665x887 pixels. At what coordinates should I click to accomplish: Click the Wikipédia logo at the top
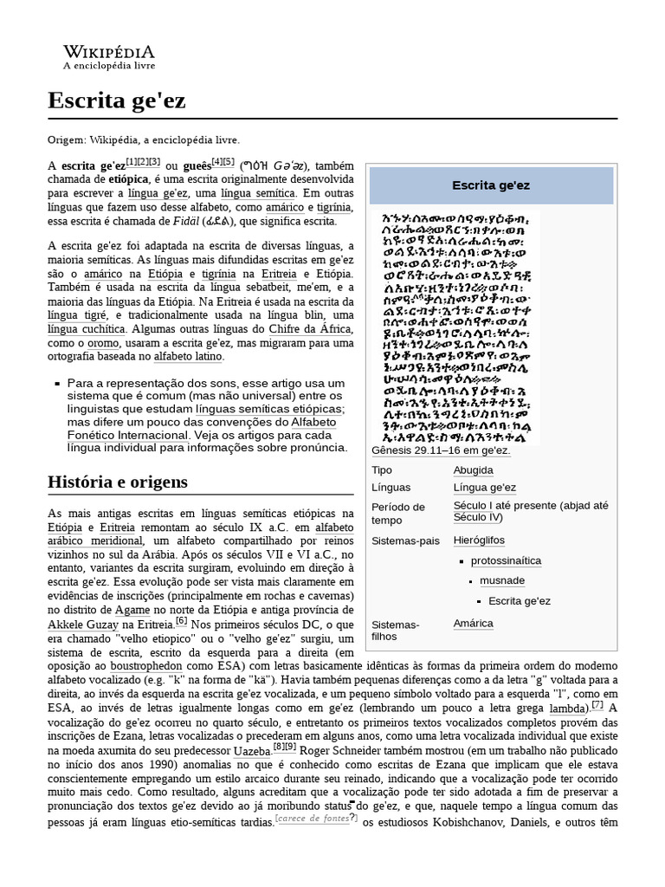109,56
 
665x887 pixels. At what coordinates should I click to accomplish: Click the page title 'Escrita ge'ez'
116,100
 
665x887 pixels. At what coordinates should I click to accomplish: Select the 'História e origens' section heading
117,482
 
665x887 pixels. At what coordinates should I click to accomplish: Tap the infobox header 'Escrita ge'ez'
491,185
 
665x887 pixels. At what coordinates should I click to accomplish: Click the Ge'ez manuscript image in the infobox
459,327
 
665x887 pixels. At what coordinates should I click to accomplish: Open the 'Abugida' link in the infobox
473,469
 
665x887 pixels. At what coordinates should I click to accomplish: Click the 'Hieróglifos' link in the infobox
478,540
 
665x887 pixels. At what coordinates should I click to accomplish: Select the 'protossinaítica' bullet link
507,560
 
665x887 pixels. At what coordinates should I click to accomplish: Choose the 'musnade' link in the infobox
502,580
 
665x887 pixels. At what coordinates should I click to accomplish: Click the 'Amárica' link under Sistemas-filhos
473,623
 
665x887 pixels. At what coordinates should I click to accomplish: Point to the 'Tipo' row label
382,469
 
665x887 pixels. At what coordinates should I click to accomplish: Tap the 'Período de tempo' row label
397,513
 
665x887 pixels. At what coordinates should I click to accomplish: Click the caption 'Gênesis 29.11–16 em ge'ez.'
441,450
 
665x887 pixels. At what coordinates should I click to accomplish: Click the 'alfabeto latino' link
188,356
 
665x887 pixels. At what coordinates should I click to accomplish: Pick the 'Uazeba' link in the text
252,750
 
